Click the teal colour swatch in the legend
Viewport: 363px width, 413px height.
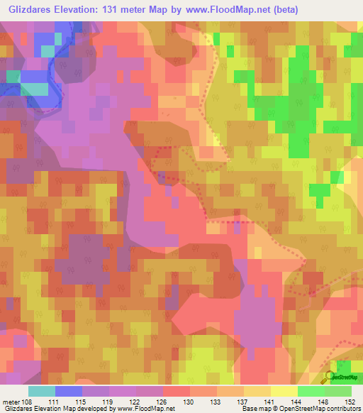click(x=41, y=391)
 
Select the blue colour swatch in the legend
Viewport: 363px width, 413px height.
click(x=68, y=391)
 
